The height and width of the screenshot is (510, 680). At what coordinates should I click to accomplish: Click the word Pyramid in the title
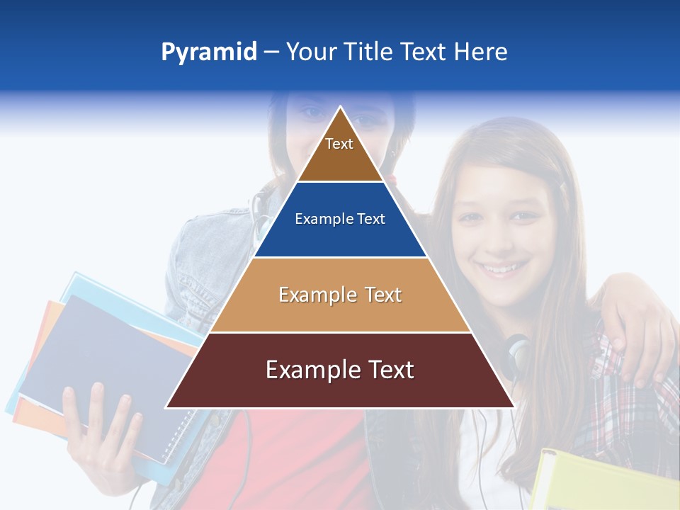(209, 52)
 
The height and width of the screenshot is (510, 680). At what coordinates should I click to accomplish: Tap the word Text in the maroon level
(387, 370)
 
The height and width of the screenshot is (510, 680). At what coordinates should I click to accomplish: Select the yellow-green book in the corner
(602, 482)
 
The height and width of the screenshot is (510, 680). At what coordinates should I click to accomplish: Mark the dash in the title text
(271, 52)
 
